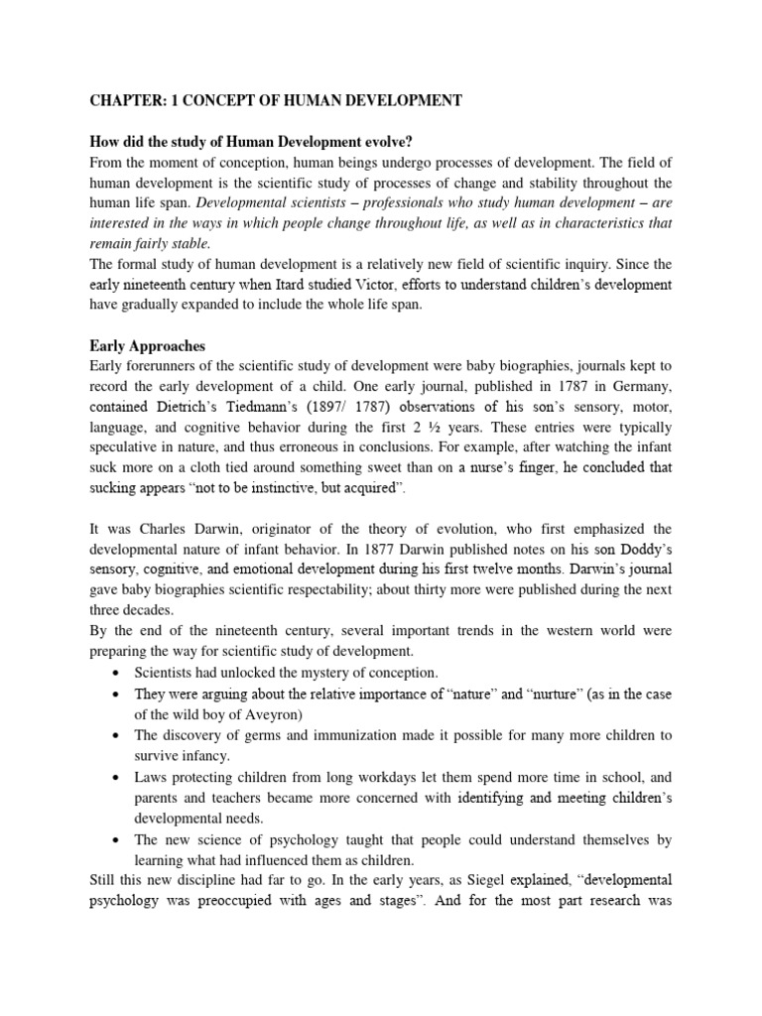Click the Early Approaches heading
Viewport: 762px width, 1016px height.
[147, 346]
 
